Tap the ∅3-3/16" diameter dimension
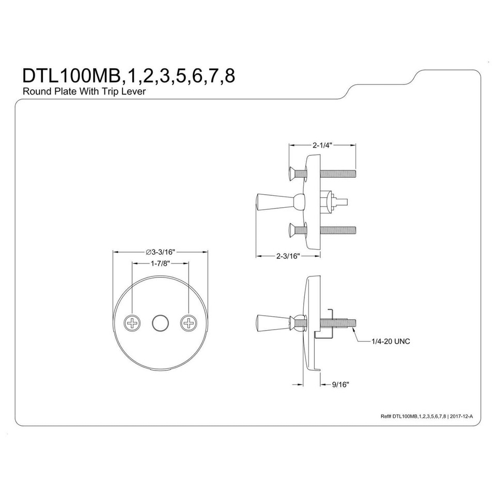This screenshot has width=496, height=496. click(161, 252)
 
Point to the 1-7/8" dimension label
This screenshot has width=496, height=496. click(160, 263)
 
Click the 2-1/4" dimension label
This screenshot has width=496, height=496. click(321, 145)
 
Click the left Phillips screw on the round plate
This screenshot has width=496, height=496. click(132, 323)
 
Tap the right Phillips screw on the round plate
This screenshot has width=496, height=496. click(189, 323)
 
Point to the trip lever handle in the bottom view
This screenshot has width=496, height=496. click(269, 323)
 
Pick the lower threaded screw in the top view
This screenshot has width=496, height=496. click(338, 228)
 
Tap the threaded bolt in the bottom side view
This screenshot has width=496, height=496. click(338, 323)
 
